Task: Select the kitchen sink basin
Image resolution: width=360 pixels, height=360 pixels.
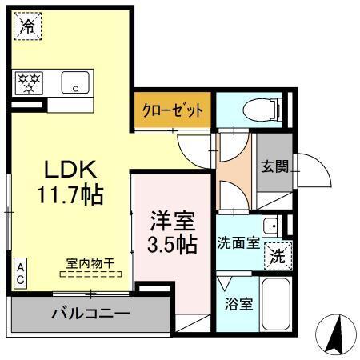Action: tap(78, 82)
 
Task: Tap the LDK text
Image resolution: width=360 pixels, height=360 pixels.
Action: tap(70, 170)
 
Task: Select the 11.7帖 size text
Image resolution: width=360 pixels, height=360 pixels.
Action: tap(70, 194)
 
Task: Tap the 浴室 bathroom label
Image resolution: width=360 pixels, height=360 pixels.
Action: tap(237, 305)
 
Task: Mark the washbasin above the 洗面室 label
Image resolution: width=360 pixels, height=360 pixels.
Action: tap(271, 224)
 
